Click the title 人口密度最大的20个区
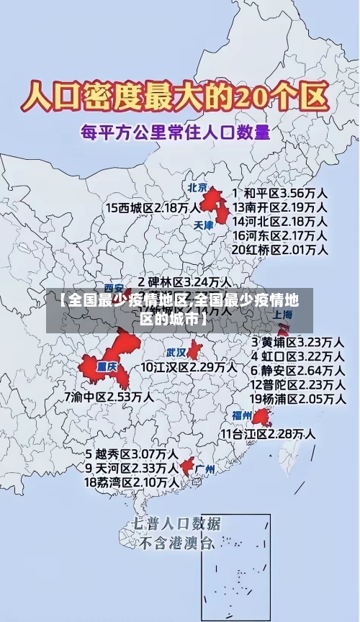click(x=174, y=96)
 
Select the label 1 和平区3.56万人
click(x=281, y=193)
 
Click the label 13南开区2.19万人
click(x=281, y=207)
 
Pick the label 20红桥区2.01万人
click(x=281, y=249)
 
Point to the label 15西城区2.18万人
click(x=153, y=207)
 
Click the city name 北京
click(x=197, y=187)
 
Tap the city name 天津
click(x=204, y=225)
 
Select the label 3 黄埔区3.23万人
click(x=297, y=341)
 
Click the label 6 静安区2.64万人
click(x=297, y=370)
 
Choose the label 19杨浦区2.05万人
click(x=297, y=398)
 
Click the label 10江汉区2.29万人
click(x=189, y=366)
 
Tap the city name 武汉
click(x=176, y=353)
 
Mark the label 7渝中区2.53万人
click(x=109, y=396)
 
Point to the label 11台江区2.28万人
click(x=268, y=433)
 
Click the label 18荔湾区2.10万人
click(x=132, y=482)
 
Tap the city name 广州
click(x=205, y=469)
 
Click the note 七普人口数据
click(x=176, y=523)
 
